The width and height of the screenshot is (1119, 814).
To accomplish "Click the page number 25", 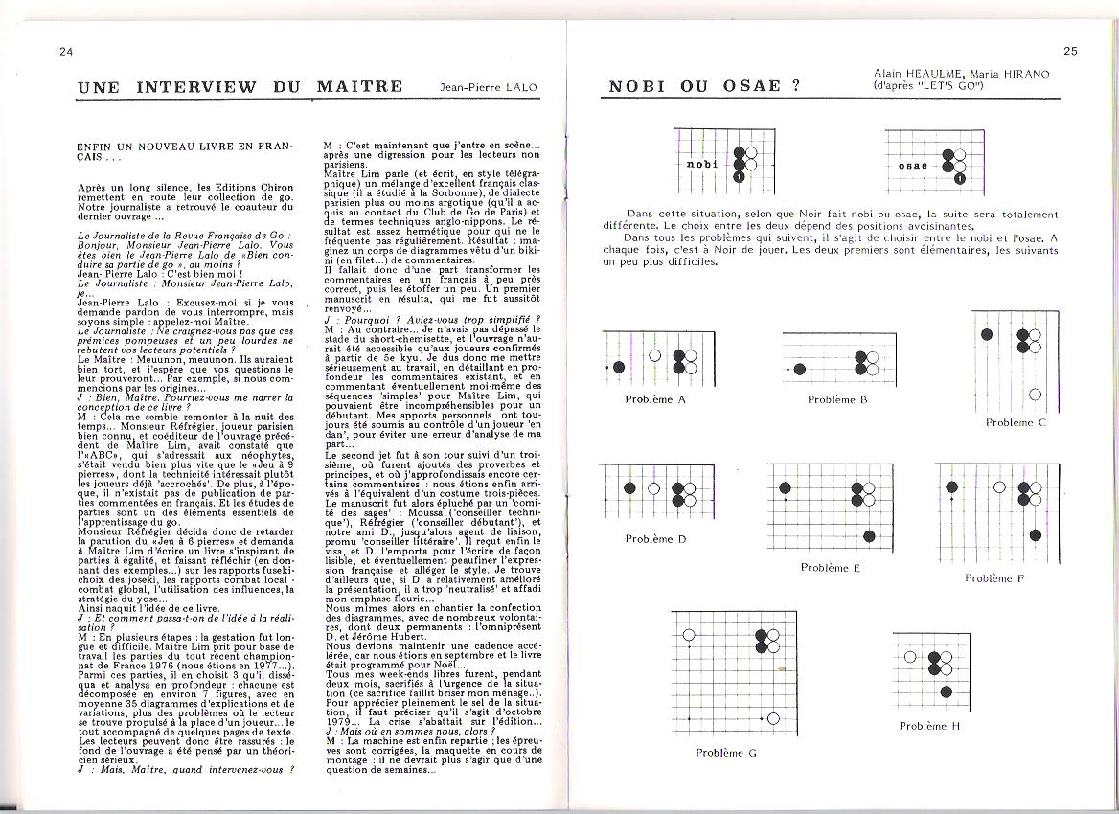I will [1069, 51].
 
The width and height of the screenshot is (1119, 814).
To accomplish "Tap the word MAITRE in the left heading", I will [358, 86].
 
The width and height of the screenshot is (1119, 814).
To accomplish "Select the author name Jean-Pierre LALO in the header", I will [489, 87].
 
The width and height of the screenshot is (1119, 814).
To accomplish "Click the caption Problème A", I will [655, 399].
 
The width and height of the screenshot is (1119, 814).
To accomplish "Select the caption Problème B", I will [837, 399].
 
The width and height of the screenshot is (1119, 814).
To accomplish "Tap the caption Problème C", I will [1016, 422].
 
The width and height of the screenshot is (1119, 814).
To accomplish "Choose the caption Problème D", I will [655, 538].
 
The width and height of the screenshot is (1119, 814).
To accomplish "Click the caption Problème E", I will [831, 568].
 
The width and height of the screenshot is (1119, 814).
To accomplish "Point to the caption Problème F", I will [994, 577].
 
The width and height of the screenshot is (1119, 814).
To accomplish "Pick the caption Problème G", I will [726, 753].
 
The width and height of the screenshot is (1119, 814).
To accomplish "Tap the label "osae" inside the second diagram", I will [913, 166].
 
